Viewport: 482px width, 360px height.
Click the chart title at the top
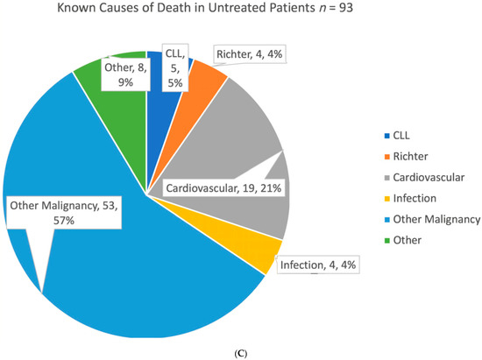click(x=205, y=8)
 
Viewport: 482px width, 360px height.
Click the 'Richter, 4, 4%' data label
click(x=249, y=54)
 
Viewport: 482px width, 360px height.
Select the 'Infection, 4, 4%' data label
click(x=318, y=265)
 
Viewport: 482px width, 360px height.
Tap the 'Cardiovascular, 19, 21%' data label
click(x=223, y=188)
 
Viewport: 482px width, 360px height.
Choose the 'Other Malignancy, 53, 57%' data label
click(x=64, y=213)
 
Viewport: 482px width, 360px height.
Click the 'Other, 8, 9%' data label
click(x=125, y=74)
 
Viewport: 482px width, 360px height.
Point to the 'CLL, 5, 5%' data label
click(x=175, y=68)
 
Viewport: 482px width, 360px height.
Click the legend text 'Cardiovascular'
click(x=429, y=178)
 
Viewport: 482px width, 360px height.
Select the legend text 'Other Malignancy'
click(x=436, y=219)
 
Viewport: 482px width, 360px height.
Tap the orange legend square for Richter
click(x=387, y=157)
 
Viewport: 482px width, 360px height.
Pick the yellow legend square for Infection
click(x=387, y=199)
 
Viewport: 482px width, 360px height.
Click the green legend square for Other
click(x=387, y=241)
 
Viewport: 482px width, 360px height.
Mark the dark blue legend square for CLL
click(x=387, y=136)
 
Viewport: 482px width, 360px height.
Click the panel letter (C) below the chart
click(x=240, y=354)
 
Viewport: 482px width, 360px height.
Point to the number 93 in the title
click(x=346, y=8)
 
